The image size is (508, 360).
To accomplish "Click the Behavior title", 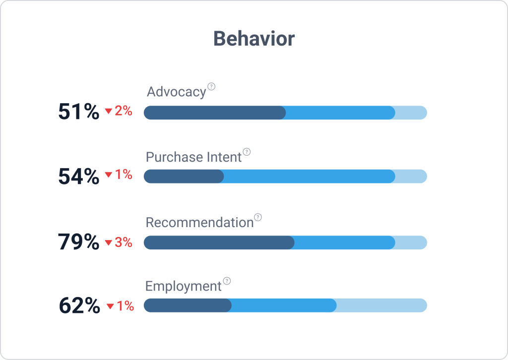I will click(254, 39).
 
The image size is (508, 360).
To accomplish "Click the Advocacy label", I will click(176, 92).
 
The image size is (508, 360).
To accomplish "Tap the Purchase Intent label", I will click(193, 157).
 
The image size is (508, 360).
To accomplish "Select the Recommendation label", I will click(199, 222).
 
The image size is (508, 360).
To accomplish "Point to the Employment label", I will click(183, 286).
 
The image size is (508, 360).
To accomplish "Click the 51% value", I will click(78, 112).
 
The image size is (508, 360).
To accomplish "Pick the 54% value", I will click(78, 177).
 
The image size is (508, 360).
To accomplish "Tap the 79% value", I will click(78, 242).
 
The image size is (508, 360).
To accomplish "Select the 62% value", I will click(79, 306).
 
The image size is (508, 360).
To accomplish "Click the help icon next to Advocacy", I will click(211, 87).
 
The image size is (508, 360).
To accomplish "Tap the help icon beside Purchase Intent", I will click(247, 152).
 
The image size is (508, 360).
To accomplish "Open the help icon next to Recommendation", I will click(257, 217).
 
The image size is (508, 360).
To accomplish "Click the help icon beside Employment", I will click(227, 281).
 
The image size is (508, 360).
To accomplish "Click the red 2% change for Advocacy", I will click(123, 111).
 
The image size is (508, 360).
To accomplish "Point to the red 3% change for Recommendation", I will click(123, 242).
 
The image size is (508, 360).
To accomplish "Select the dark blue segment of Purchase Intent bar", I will click(184, 176).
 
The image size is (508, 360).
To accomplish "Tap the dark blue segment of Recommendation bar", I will click(219, 242).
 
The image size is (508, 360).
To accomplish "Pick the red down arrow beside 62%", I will click(110, 306).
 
